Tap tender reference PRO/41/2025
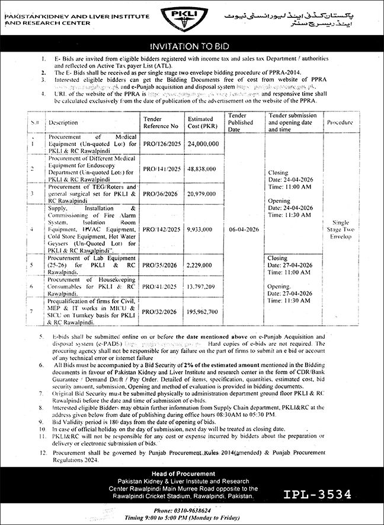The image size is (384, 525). click(160, 286)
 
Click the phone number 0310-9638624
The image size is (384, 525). click(191, 510)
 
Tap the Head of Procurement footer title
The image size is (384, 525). click(191, 473)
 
